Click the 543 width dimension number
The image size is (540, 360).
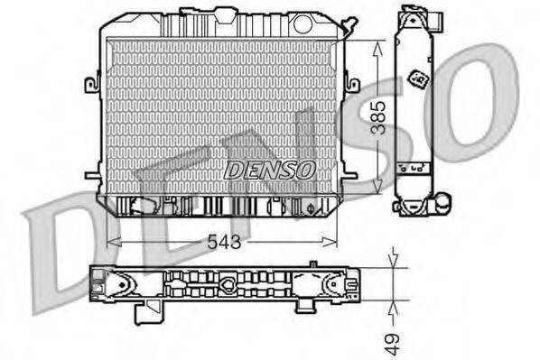tap(223, 243)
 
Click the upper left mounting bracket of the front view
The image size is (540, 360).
tap(91, 84)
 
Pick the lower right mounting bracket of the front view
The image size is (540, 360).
tap(349, 175)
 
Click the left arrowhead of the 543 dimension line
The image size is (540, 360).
tap(111, 242)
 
